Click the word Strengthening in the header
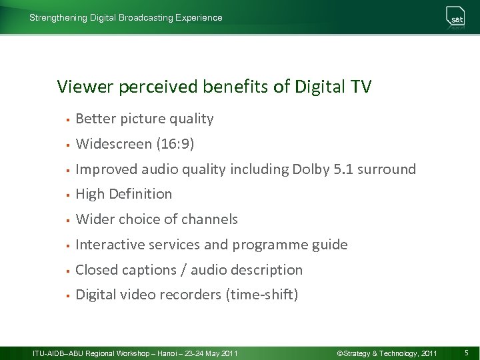(x=58, y=18)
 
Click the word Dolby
(x=310, y=169)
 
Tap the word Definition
(x=141, y=194)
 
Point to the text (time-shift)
(x=263, y=295)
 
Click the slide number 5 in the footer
(x=467, y=352)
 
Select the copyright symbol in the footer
(x=339, y=352)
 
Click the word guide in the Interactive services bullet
(x=330, y=245)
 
